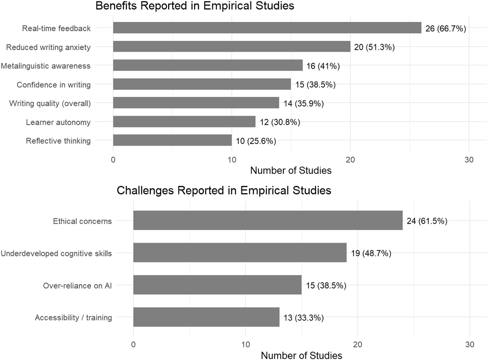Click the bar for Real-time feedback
(x=267, y=28)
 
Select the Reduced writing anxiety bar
(x=232, y=47)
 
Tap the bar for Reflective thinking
(x=172, y=140)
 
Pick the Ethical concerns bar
(x=268, y=221)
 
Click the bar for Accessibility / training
(x=206, y=317)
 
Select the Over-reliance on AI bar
(x=217, y=285)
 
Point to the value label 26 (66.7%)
(x=445, y=29)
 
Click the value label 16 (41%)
(x=323, y=66)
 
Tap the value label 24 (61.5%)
(x=427, y=221)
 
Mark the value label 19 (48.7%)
(x=371, y=253)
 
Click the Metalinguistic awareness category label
(x=46, y=66)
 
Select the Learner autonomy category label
(x=58, y=122)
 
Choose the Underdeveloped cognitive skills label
(x=56, y=253)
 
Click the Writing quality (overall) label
(x=50, y=104)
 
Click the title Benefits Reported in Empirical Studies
(x=195, y=6)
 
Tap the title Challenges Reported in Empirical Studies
(x=224, y=190)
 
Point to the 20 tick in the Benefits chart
(x=350, y=160)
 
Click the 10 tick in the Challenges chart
(x=245, y=345)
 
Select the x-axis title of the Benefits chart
(x=291, y=171)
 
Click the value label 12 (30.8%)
(x=280, y=122)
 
